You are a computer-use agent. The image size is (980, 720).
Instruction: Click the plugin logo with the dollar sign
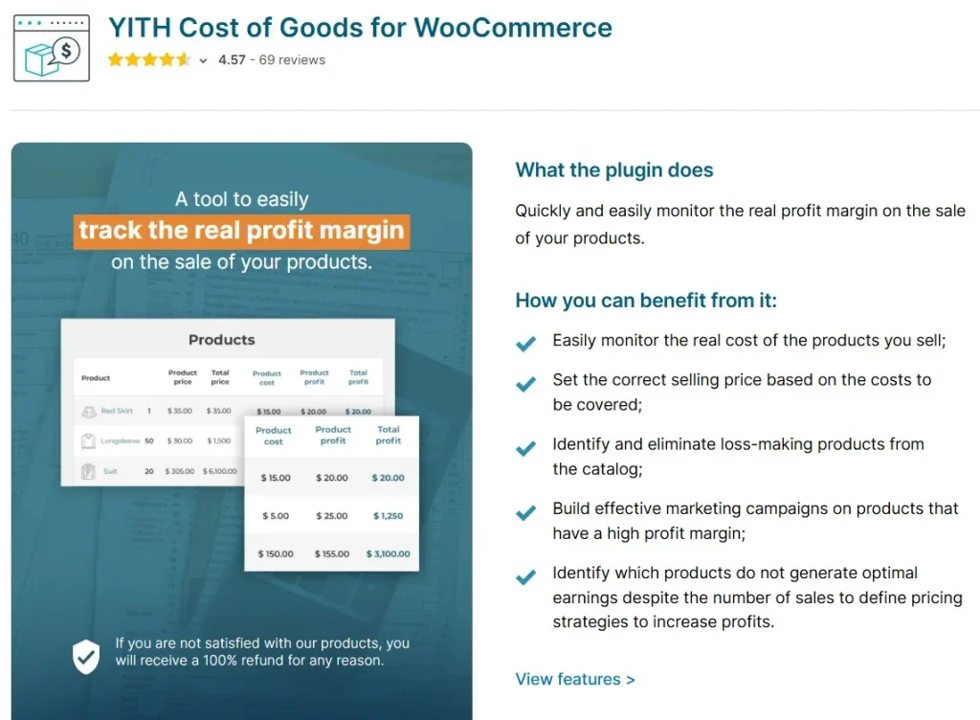[52, 48]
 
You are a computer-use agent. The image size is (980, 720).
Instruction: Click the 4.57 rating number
[232, 60]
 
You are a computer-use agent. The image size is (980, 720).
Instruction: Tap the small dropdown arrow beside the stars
[203, 60]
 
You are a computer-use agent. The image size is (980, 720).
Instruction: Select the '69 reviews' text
[292, 60]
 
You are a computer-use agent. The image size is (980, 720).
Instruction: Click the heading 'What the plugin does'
[613, 170]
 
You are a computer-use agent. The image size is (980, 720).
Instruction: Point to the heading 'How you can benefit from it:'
[646, 301]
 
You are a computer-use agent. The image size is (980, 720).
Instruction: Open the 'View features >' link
[575, 680]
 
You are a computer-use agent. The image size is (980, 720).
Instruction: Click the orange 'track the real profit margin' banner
[241, 232]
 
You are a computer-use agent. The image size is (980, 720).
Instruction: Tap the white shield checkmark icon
[85, 656]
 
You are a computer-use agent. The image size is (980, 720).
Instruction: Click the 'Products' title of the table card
[222, 340]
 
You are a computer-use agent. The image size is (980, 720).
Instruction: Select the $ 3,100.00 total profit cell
[389, 553]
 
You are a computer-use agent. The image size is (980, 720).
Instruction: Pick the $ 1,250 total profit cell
[389, 516]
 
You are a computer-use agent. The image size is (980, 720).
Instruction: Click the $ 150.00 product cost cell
[276, 553]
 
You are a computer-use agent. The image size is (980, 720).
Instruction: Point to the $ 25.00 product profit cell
[332, 516]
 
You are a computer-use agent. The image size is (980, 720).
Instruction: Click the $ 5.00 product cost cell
[276, 516]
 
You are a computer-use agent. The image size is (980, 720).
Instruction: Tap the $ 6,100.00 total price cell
[220, 471]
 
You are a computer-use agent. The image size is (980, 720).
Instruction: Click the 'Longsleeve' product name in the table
[120, 440]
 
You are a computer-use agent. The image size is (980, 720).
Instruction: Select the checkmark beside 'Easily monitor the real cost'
[525, 343]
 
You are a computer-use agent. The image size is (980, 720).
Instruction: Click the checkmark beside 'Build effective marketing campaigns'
[525, 512]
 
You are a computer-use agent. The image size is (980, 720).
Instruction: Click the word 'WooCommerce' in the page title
[513, 28]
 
